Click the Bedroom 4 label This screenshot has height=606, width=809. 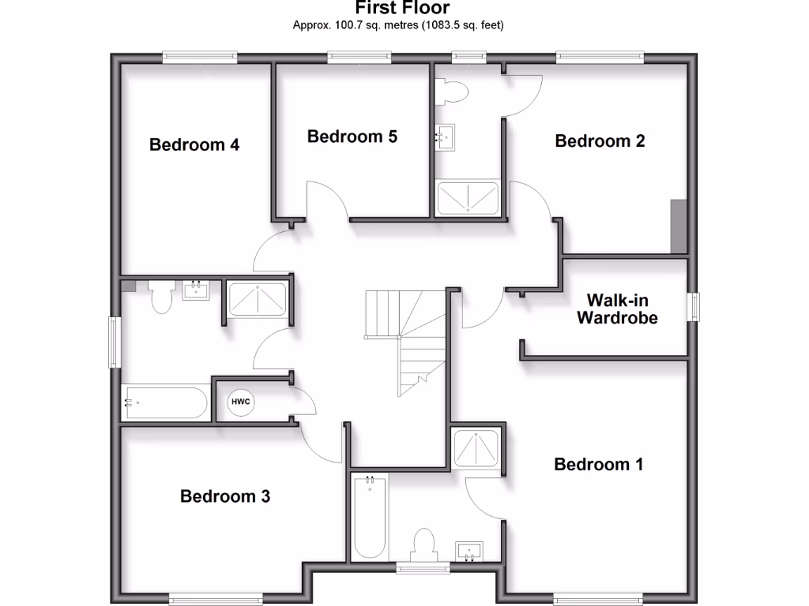point(194,145)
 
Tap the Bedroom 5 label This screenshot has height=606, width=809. point(352,137)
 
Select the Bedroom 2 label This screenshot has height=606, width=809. point(600,141)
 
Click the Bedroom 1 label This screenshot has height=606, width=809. point(598,464)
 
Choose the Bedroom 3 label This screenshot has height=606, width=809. point(225,496)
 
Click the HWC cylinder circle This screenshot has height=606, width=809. point(240,402)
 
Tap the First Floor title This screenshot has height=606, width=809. point(402,9)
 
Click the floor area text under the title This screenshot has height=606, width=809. point(398,25)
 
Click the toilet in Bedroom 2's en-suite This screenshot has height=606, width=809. point(453,92)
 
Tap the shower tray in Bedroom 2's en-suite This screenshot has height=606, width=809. point(468,197)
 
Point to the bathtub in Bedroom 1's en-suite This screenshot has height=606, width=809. point(370,517)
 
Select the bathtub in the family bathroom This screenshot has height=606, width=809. point(165,403)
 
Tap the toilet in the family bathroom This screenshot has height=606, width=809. point(162,297)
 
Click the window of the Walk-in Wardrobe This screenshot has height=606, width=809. point(693,307)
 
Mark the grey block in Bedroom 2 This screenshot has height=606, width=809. point(678,226)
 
